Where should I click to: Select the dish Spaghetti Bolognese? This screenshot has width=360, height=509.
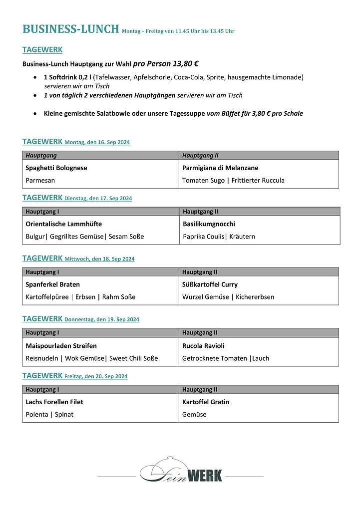point(56,168)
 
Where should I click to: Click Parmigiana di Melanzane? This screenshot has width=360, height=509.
point(220,168)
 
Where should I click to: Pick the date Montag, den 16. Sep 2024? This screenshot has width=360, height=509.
point(97,143)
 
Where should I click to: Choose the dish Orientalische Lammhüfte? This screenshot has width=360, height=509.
point(64,224)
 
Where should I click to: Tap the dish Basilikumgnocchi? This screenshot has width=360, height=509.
point(209,224)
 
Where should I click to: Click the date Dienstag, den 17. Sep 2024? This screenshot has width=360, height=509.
point(98,199)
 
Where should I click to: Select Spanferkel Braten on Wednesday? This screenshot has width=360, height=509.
point(52,284)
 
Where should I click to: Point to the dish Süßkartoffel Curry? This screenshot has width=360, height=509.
point(210,284)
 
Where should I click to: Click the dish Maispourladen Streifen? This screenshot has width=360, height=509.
point(61,346)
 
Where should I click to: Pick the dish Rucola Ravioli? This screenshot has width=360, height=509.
point(203,346)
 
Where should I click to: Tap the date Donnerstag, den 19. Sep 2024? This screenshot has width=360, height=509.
point(101,319)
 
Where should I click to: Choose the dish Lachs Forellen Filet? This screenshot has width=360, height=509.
point(54,402)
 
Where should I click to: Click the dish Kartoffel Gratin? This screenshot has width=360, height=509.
point(206,402)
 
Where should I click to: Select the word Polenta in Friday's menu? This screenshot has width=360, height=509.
point(37,415)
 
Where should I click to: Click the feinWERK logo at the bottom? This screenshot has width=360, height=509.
point(181,473)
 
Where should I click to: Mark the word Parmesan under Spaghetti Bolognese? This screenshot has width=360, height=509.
point(40,181)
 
